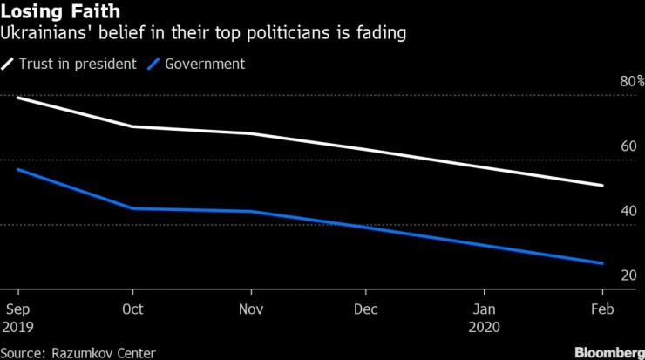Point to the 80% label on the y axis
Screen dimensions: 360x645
click(631, 82)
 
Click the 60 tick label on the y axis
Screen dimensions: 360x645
click(627, 146)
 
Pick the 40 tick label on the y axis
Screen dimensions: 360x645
click(627, 211)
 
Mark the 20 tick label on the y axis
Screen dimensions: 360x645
click(627, 275)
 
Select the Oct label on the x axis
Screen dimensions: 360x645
click(133, 309)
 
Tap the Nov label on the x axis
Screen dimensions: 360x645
click(251, 309)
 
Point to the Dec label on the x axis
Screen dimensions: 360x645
click(367, 309)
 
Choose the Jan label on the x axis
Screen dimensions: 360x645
click(484, 309)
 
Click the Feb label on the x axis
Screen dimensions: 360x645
click(602, 309)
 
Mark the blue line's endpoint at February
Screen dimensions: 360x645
click(602, 263)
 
